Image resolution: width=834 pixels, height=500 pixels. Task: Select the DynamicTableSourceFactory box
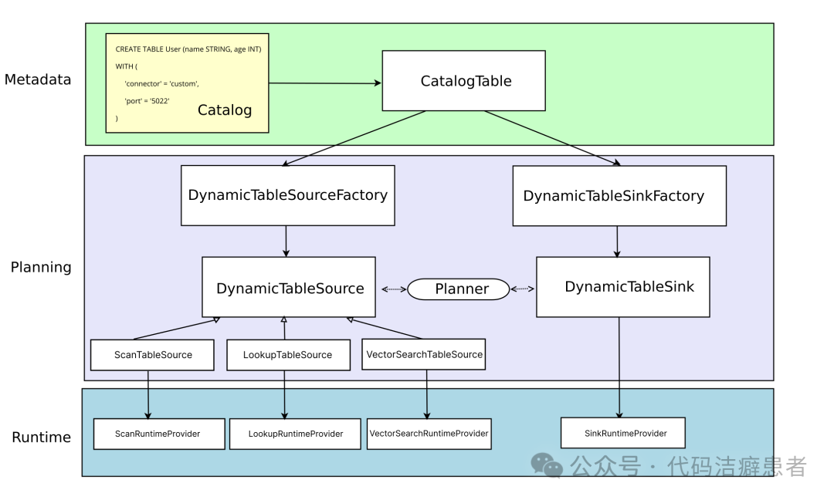tap(287, 195)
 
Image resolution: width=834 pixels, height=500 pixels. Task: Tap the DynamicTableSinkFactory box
tap(619, 196)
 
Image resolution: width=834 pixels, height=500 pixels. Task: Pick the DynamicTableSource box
tap(289, 288)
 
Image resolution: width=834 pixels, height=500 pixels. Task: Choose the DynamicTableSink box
tap(622, 287)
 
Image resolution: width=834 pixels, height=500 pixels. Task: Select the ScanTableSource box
tap(152, 355)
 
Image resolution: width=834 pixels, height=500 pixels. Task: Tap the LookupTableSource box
tap(287, 355)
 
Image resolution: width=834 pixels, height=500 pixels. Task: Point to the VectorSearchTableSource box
tap(424, 354)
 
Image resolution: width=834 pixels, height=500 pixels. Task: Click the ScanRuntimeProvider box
tap(158, 434)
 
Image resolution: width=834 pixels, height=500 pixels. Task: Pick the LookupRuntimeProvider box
tap(296, 434)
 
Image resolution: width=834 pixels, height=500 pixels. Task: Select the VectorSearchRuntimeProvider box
tap(429, 434)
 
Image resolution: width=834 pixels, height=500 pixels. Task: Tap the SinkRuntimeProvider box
tap(624, 434)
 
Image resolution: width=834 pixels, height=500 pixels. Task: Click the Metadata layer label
tap(38, 79)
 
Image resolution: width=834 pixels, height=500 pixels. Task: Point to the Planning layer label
tap(41, 268)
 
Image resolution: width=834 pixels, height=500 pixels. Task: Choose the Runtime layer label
tap(41, 437)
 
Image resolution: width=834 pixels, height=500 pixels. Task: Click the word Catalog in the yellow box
tap(225, 110)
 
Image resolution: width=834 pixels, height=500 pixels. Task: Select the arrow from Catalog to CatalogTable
tap(325, 83)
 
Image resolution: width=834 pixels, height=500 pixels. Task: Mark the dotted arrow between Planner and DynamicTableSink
tap(523, 289)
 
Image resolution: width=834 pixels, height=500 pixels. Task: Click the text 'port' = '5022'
tap(147, 101)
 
